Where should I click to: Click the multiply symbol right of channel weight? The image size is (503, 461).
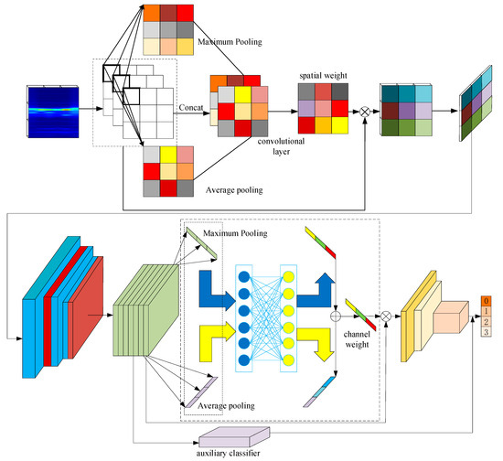384,316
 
